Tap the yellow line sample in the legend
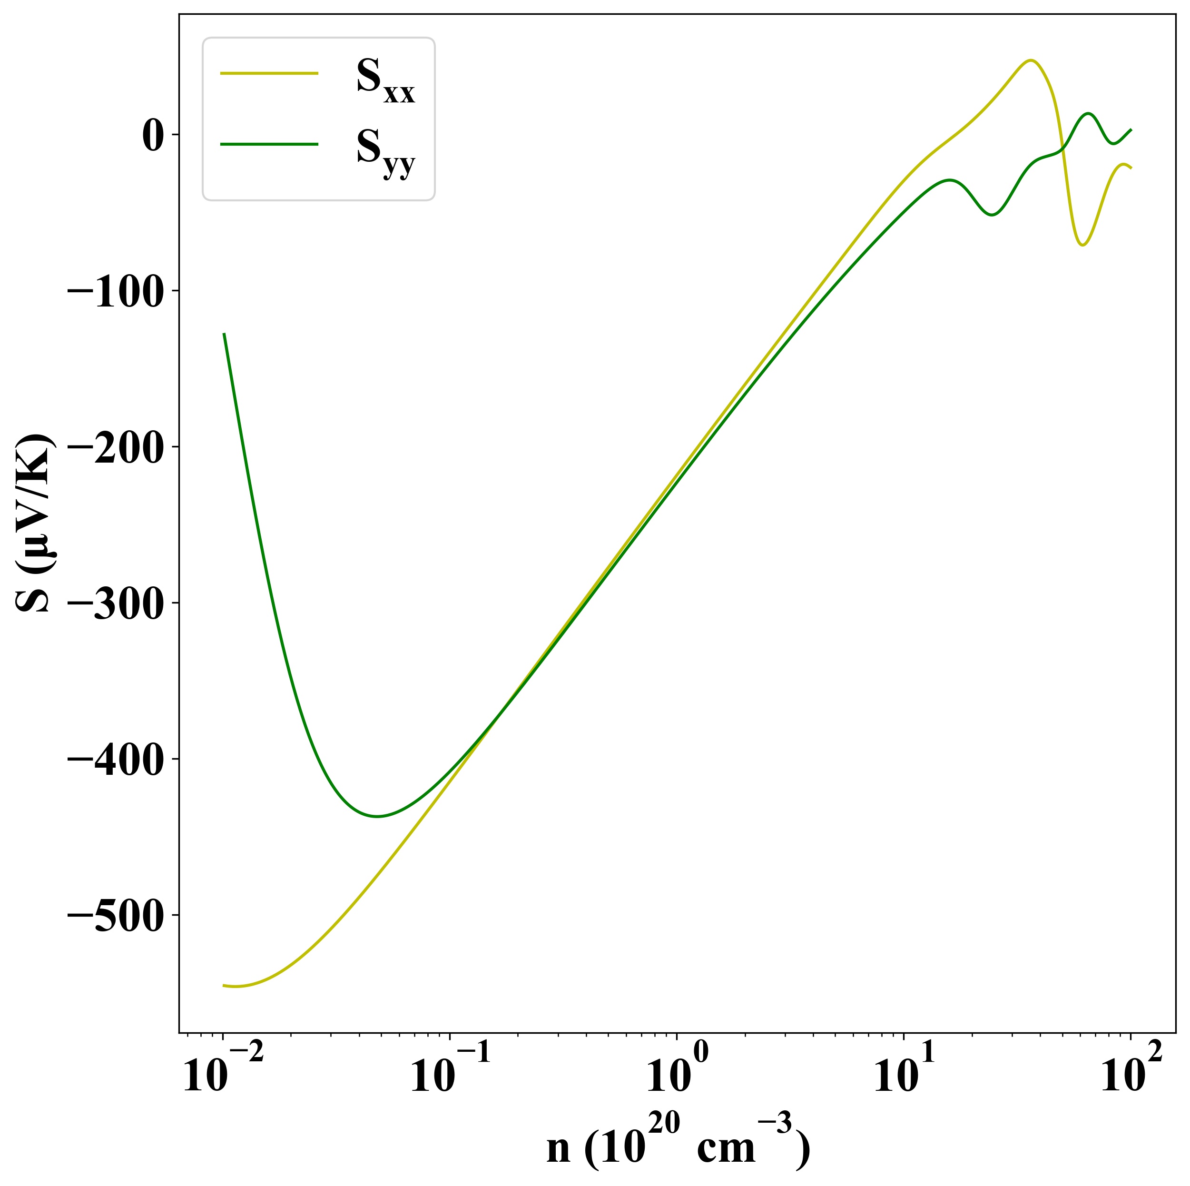pyautogui.click(x=269, y=73)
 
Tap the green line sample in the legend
pyautogui.click(x=269, y=144)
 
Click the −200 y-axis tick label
pyautogui.click(x=115, y=448)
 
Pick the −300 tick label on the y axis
pyautogui.click(x=115, y=604)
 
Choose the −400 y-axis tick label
pyautogui.click(x=115, y=760)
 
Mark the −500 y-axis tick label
pyautogui.click(x=115, y=916)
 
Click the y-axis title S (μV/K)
pyautogui.click(x=35, y=524)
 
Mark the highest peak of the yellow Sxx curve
pyautogui.click(x=1030, y=60)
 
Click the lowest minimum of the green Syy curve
pyautogui.click(x=377, y=816)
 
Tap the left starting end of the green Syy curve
pyautogui.click(x=224, y=334)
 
